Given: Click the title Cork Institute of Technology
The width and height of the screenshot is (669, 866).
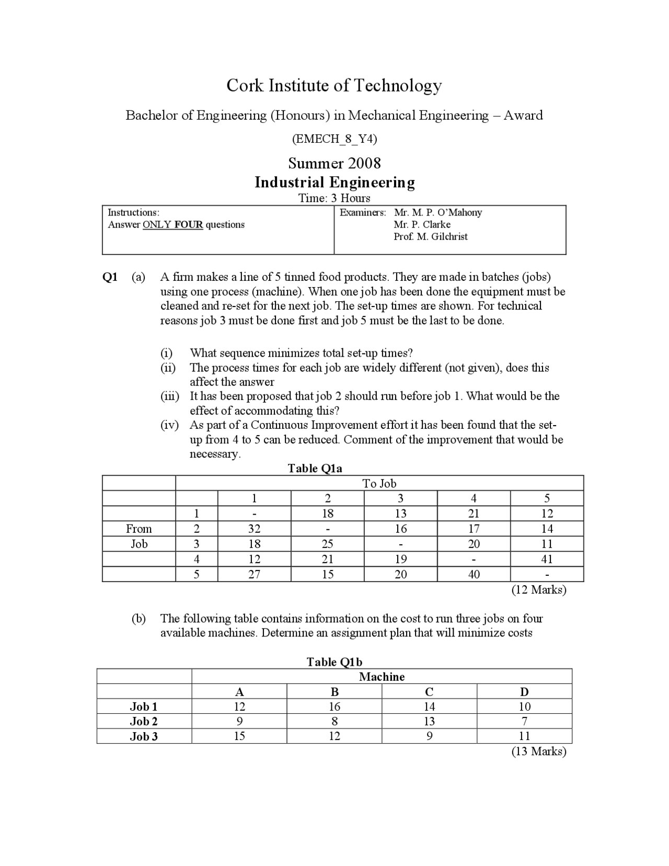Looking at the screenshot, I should pos(334,85).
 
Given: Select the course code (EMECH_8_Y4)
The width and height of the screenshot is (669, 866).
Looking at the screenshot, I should pos(334,139).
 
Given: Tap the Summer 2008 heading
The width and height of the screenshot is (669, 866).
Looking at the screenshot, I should pos(334,163).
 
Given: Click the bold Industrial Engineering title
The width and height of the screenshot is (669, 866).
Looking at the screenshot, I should pos(334,183).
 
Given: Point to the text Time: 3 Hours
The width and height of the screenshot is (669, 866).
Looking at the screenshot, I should pos(334,198).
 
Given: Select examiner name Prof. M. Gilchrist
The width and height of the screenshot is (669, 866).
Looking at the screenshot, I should pos(430,237).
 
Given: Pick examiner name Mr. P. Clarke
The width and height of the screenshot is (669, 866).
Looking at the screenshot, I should pos(422,225).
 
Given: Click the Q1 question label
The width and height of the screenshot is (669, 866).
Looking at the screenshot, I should pos(110,277).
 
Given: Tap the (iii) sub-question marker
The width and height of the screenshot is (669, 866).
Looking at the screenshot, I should pos(169,396).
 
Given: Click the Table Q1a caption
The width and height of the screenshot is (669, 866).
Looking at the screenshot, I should pos(315,469).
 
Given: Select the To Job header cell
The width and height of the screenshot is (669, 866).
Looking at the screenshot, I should pos(379,484).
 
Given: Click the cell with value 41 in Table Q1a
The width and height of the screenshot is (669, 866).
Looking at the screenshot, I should pos(547,559).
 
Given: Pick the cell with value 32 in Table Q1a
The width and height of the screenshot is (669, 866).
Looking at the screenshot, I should pos(254,529).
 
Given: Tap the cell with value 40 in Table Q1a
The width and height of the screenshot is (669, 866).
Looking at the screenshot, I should pos(474,574).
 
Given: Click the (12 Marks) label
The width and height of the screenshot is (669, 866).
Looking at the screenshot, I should pos(538,590).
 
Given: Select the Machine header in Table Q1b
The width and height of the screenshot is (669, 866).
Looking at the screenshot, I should pos(382,677).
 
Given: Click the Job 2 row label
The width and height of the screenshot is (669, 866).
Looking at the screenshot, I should pos(144,722).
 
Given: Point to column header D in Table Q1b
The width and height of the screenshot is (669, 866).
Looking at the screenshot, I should pos(524,692).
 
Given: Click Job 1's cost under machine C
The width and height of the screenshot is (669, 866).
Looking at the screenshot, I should pos(429,707).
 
